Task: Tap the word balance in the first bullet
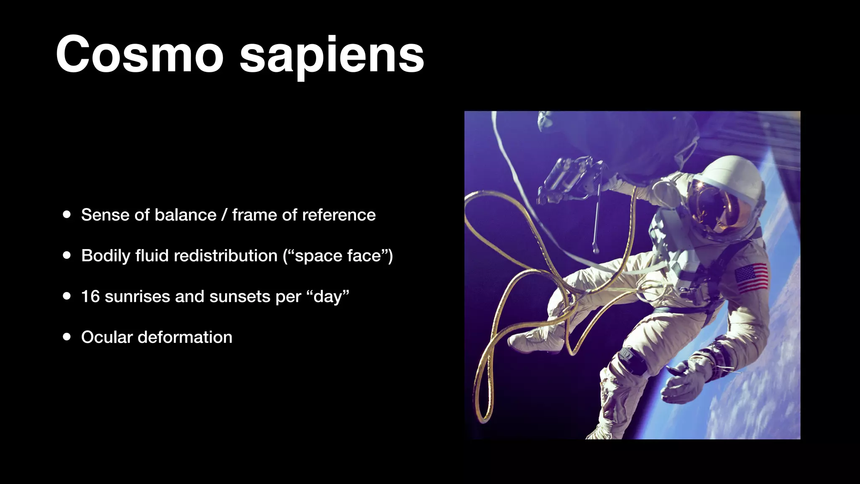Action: click(185, 215)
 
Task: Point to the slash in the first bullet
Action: click(224, 215)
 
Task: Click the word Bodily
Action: click(105, 255)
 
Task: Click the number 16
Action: click(90, 296)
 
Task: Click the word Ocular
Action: click(107, 337)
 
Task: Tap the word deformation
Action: click(185, 337)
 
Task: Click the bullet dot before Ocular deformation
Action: click(67, 337)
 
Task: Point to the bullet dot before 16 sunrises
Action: click(67, 296)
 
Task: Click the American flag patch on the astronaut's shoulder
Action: click(752, 278)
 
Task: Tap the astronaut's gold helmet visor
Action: click(710, 206)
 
